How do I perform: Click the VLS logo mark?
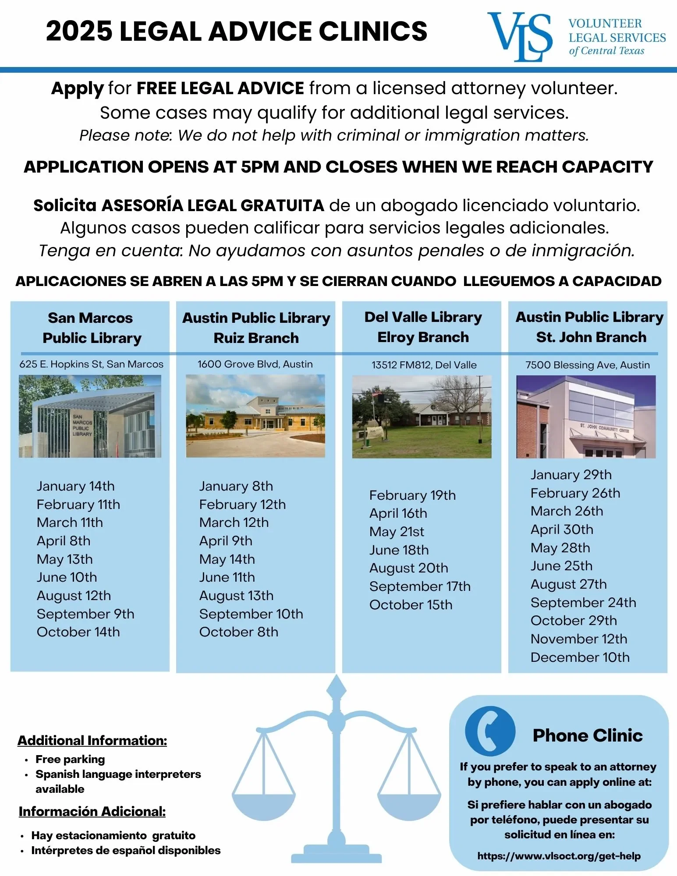point(520,36)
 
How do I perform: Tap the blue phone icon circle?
point(490,731)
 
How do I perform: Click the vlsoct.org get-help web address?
point(559,856)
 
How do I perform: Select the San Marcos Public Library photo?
point(90,416)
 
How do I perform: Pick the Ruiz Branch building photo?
point(255,416)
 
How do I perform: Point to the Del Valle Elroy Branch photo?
point(422,417)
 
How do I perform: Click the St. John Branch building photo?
point(586,417)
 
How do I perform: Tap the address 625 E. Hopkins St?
point(91,364)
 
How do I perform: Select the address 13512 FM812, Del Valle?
point(424,365)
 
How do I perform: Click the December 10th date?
point(580,657)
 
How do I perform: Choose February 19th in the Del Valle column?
point(412,495)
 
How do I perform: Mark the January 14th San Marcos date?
point(75,486)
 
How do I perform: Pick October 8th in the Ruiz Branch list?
point(238,632)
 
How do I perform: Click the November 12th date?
point(578,639)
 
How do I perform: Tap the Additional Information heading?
point(92,740)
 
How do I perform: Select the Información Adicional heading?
point(92,811)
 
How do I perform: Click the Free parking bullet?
point(70,759)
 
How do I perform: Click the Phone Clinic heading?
point(587,735)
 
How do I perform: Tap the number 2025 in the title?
point(79,31)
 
